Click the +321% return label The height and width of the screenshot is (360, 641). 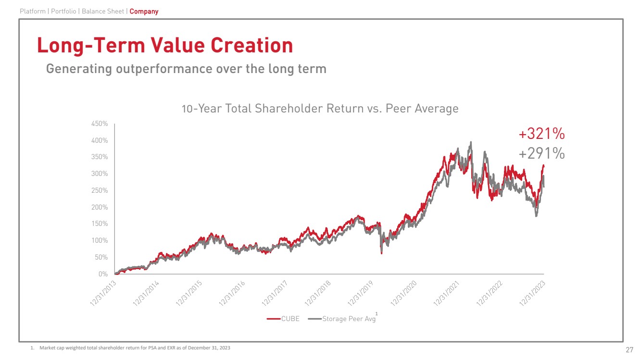click(541, 134)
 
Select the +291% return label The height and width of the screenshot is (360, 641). click(541, 153)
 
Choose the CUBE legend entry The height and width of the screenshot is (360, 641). click(284, 319)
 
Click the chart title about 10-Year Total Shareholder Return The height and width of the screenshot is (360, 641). click(320, 109)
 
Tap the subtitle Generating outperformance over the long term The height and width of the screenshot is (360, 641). click(186, 69)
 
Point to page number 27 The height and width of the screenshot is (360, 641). click(629, 349)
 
